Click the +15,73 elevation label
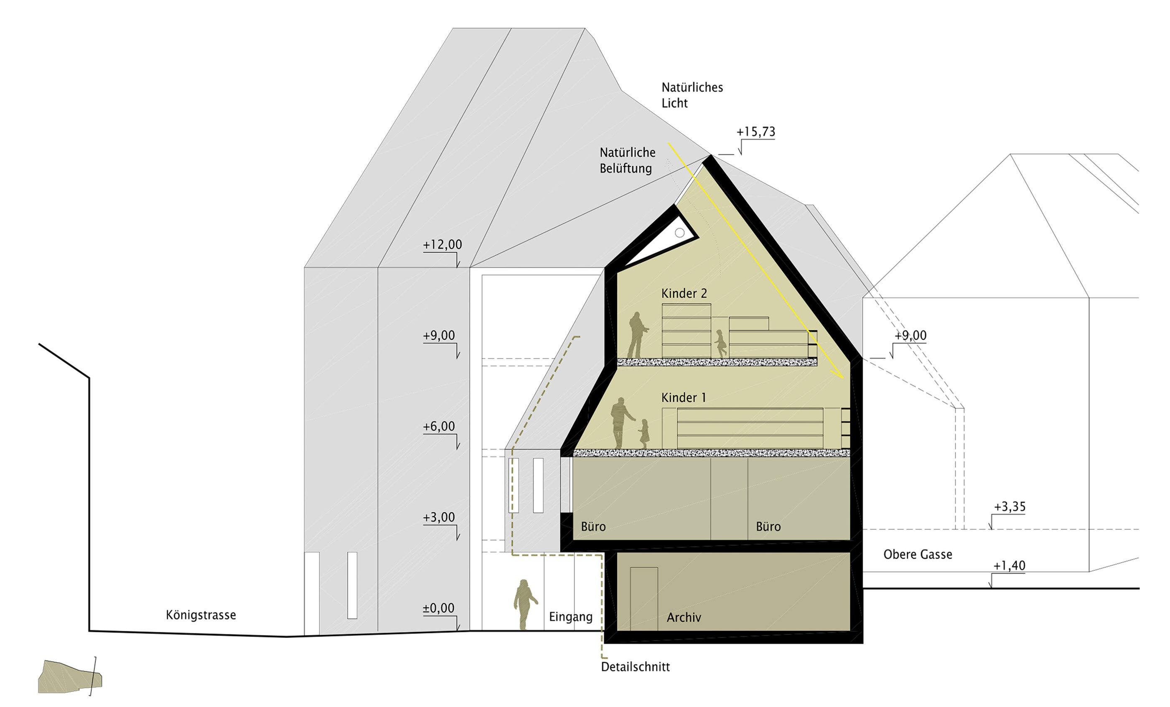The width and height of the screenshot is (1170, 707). pyautogui.click(x=755, y=132)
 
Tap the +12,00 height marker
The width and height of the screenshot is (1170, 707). pyautogui.click(x=442, y=244)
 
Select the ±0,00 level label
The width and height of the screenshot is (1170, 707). pyautogui.click(x=438, y=608)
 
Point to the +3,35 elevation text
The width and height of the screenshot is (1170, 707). pyautogui.click(x=1010, y=506)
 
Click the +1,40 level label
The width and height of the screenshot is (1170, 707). pyautogui.click(x=1009, y=565)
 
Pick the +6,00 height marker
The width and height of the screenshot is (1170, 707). pyautogui.click(x=439, y=426)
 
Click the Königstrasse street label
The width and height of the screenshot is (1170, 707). pyautogui.click(x=201, y=615)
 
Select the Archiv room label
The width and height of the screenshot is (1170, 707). pyautogui.click(x=684, y=617)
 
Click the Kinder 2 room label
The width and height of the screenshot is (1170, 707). pyautogui.click(x=684, y=293)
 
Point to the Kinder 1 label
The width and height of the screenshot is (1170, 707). pyautogui.click(x=684, y=397)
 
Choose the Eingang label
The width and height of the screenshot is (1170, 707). pyautogui.click(x=571, y=617)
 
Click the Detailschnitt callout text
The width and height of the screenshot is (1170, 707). pyautogui.click(x=635, y=666)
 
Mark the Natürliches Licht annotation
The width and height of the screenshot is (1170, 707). pyautogui.click(x=692, y=95)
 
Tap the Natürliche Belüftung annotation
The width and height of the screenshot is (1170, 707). pyautogui.click(x=627, y=160)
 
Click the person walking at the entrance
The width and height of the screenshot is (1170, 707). pyautogui.click(x=525, y=605)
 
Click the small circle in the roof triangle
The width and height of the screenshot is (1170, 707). pyautogui.click(x=679, y=233)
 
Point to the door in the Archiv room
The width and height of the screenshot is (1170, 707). pyautogui.click(x=644, y=599)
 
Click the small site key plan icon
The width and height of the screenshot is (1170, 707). pyautogui.click(x=70, y=676)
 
